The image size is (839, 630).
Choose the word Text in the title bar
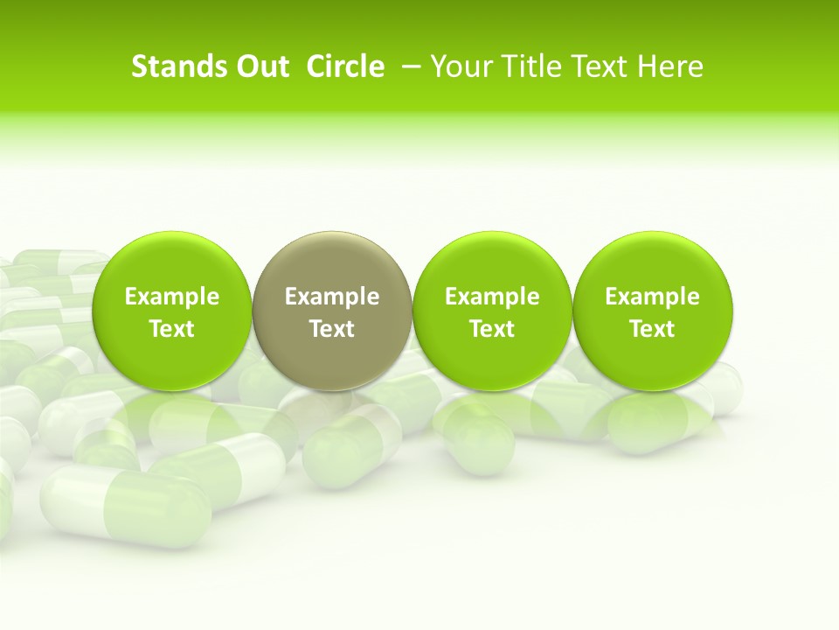click(x=596, y=66)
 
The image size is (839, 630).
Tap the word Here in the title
click(x=669, y=66)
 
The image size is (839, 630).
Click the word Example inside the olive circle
click(x=332, y=297)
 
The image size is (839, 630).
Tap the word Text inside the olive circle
click(x=332, y=329)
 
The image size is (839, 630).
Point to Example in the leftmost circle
click(x=171, y=297)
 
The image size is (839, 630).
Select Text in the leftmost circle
click(x=171, y=329)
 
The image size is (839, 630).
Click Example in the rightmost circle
click(x=652, y=297)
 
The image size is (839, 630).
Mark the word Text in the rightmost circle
click(x=652, y=329)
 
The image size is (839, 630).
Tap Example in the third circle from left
click(x=492, y=297)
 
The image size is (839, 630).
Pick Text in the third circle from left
click(x=492, y=329)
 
